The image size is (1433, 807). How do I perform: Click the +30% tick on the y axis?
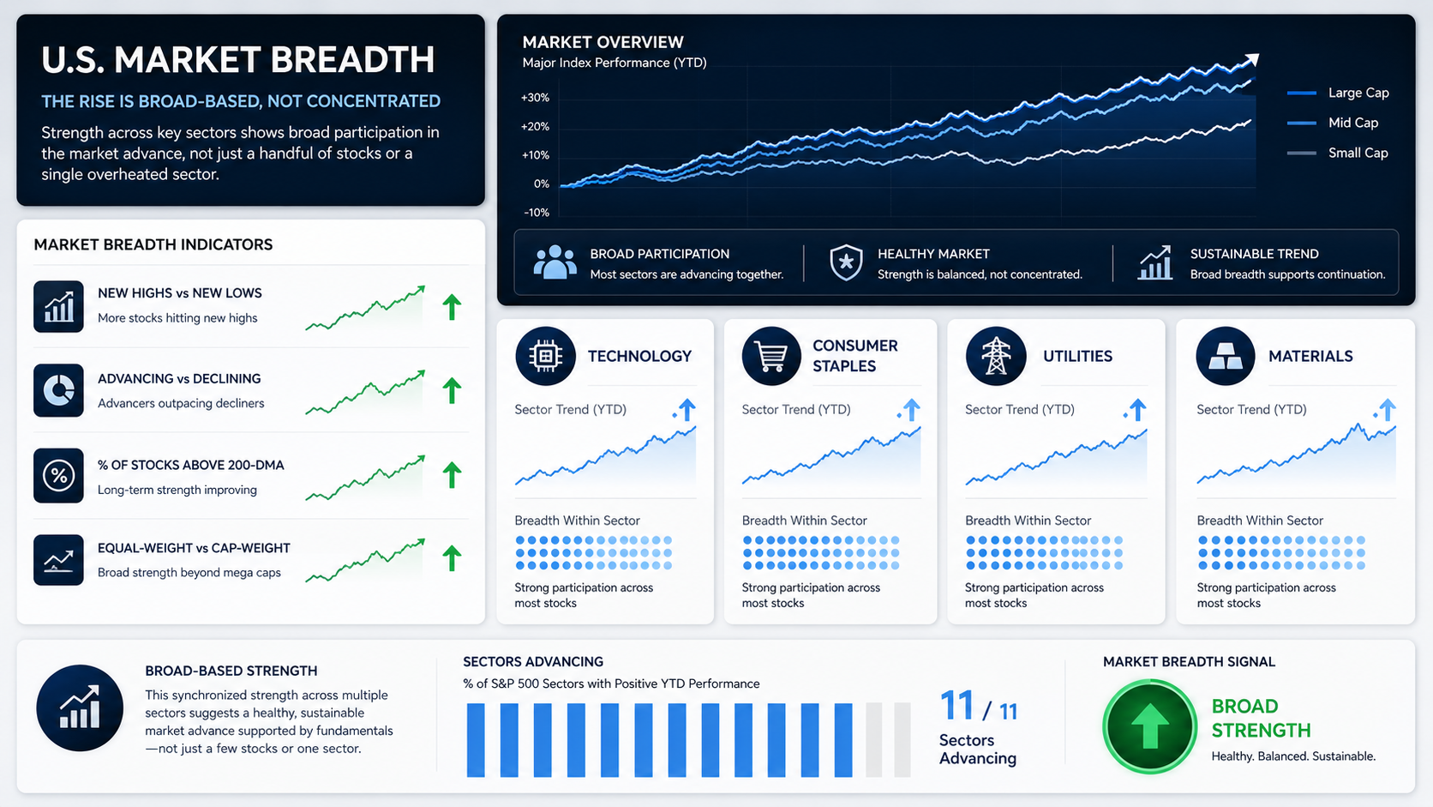535,98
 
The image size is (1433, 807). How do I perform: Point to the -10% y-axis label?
537,213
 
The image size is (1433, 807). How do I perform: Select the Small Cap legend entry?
1338,153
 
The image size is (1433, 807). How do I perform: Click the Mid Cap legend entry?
1333,123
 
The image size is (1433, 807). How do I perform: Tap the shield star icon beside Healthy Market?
846,262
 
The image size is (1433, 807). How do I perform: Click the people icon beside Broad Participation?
555,262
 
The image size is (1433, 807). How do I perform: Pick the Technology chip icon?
545,356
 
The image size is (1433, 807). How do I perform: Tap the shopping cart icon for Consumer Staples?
770,356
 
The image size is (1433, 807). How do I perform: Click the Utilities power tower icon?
995,356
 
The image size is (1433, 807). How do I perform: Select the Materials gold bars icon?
1225,356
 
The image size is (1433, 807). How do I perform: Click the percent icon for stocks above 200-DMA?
58,475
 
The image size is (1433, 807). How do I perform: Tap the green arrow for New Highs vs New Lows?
452,307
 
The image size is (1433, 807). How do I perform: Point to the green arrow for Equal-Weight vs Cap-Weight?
452,558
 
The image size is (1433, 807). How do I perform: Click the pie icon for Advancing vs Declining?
58,390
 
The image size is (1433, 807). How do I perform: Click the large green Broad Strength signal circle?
1149,726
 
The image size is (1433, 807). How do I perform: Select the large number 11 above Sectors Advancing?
957,706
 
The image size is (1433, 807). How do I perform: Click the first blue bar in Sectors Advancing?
476,740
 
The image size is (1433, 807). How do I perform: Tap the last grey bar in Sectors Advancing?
902,740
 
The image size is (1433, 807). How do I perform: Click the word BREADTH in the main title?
352,59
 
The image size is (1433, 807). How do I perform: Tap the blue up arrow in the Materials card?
1387,410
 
